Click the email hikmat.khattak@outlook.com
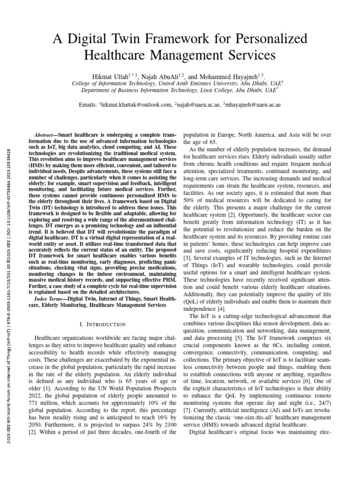pos(136,105)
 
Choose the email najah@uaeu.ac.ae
pos(198,105)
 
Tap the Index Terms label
pos(52,299)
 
